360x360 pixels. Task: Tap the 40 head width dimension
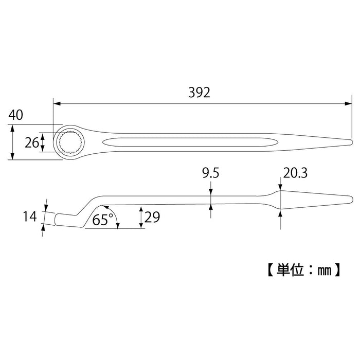15,115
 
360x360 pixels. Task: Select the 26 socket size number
32,142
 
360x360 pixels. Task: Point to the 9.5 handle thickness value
211,174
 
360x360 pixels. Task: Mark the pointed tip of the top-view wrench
351,142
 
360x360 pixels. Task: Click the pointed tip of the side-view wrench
351,200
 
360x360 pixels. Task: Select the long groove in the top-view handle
185,142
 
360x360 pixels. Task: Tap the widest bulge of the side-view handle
280,200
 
